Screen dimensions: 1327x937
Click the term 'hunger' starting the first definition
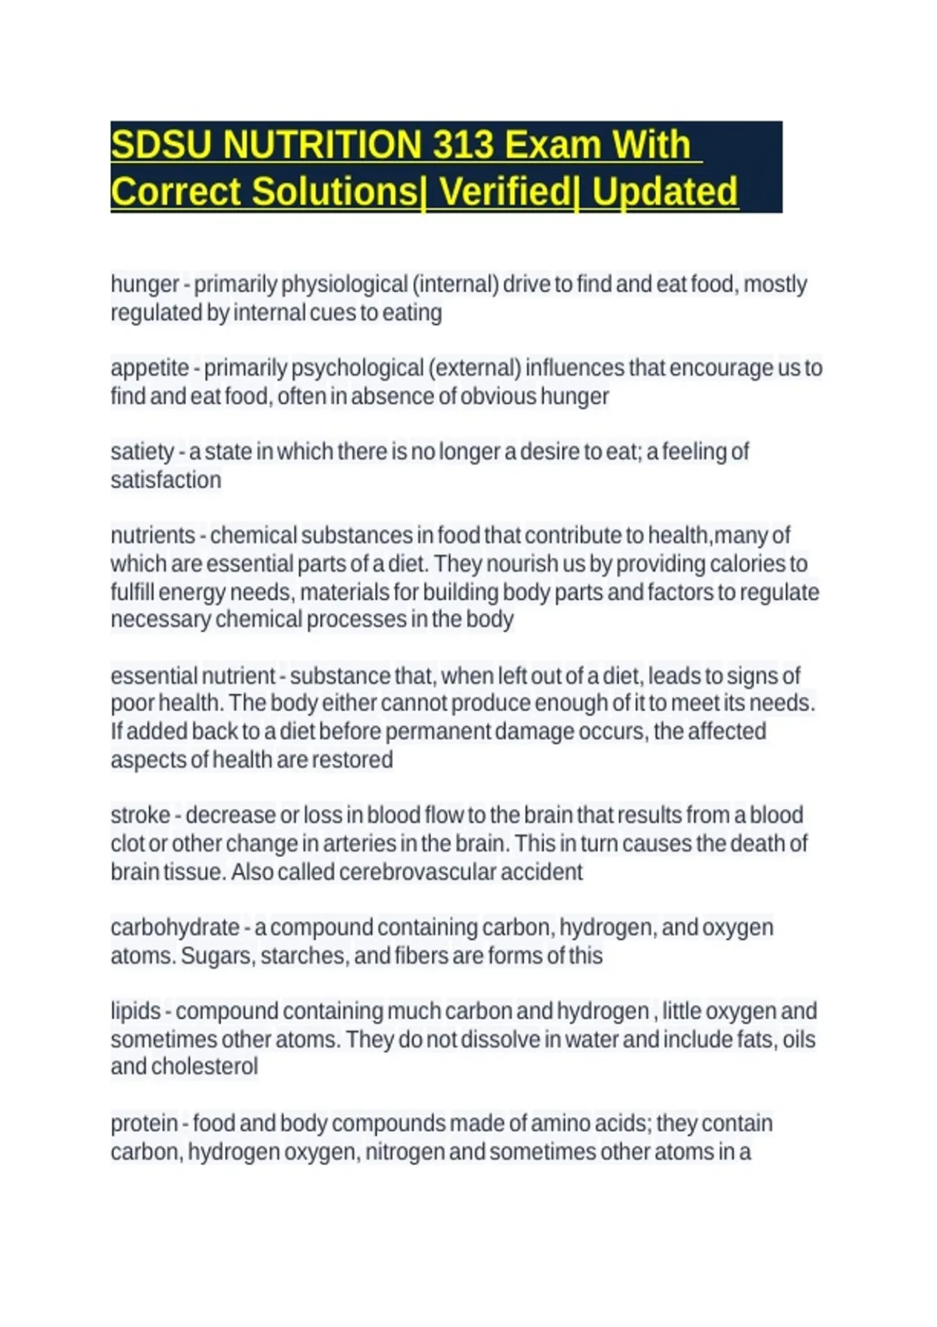(145, 284)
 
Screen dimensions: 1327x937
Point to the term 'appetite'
(150, 368)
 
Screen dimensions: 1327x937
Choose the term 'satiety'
(142, 452)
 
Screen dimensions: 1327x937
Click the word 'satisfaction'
(166, 479)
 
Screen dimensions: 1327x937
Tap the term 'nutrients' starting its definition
(153, 535)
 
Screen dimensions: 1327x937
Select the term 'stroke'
(141, 815)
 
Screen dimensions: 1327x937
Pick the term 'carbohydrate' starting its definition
(175, 927)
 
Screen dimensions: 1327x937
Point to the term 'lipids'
(135, 1011)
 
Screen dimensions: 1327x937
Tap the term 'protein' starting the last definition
(144, 1123)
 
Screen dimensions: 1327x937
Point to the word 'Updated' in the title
(664, 192)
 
